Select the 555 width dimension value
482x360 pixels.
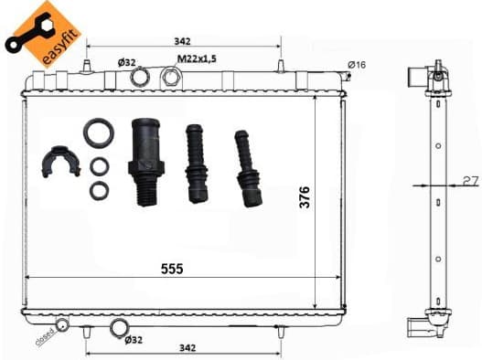[172, 269]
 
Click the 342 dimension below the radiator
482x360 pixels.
[187, 348]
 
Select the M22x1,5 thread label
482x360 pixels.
[197, 60]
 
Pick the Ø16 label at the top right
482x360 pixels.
[357, 64]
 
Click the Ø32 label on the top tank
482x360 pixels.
[126, 62]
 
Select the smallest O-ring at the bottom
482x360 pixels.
[99, 191]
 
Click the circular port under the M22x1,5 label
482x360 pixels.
[170, 77]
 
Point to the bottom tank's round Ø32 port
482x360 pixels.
[120, 329]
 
